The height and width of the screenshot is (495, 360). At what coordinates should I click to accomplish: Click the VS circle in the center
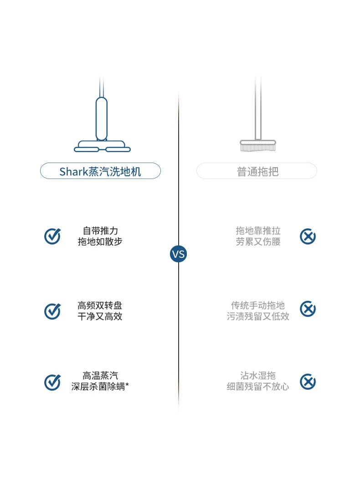pyautogui.click(x=178, y=254)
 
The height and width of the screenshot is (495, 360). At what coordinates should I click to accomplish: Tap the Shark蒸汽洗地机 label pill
pyautogui.click(x=100, y=171)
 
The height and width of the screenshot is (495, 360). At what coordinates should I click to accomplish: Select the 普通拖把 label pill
pyautogui.click(x=257, y=171)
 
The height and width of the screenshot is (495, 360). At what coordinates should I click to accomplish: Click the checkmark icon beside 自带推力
pyautogui.click(x=52, y=236)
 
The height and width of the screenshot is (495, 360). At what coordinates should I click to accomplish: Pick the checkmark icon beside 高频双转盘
pyautogui.click(x=52, y=311)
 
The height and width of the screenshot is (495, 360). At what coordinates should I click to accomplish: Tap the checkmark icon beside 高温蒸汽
pyautogui.click(x=52, y=382)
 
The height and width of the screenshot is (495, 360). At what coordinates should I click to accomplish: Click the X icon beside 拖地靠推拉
pyautogui.click(x=308, y=236)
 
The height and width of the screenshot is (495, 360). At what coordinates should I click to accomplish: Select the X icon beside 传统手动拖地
pyautogui.click(x=308, y=309)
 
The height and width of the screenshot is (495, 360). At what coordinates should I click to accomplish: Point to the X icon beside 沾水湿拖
pyautogui.click(x=308, y=382)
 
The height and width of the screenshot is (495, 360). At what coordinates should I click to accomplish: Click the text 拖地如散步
pyautogui.click(x=100, y=242)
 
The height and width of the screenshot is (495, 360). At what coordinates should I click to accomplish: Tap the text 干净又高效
pyautogui.click(x=100, y=316)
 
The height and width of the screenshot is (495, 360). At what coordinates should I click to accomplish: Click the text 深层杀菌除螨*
pyautogui.click(x=100, y=387)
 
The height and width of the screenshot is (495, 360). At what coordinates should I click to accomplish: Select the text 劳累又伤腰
pyautogui.click(x=258, y=242)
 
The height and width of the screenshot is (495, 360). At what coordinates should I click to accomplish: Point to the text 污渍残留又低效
pyautogui.click(x=258, y=316)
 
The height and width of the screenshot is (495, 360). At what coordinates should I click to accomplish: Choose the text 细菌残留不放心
pyautogui.click(x=258, y=387)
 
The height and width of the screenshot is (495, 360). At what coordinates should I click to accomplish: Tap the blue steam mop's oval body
pyautogui.click(x=101, y=118)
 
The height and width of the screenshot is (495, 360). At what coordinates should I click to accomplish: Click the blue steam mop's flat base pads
pyautogui.click(x=102, y=147)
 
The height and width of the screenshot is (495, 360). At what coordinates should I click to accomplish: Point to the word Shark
pyautogui.click(x=72, y=171)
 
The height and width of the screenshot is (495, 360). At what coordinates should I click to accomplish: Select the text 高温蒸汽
pyautogui.click(x=100, y=376)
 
